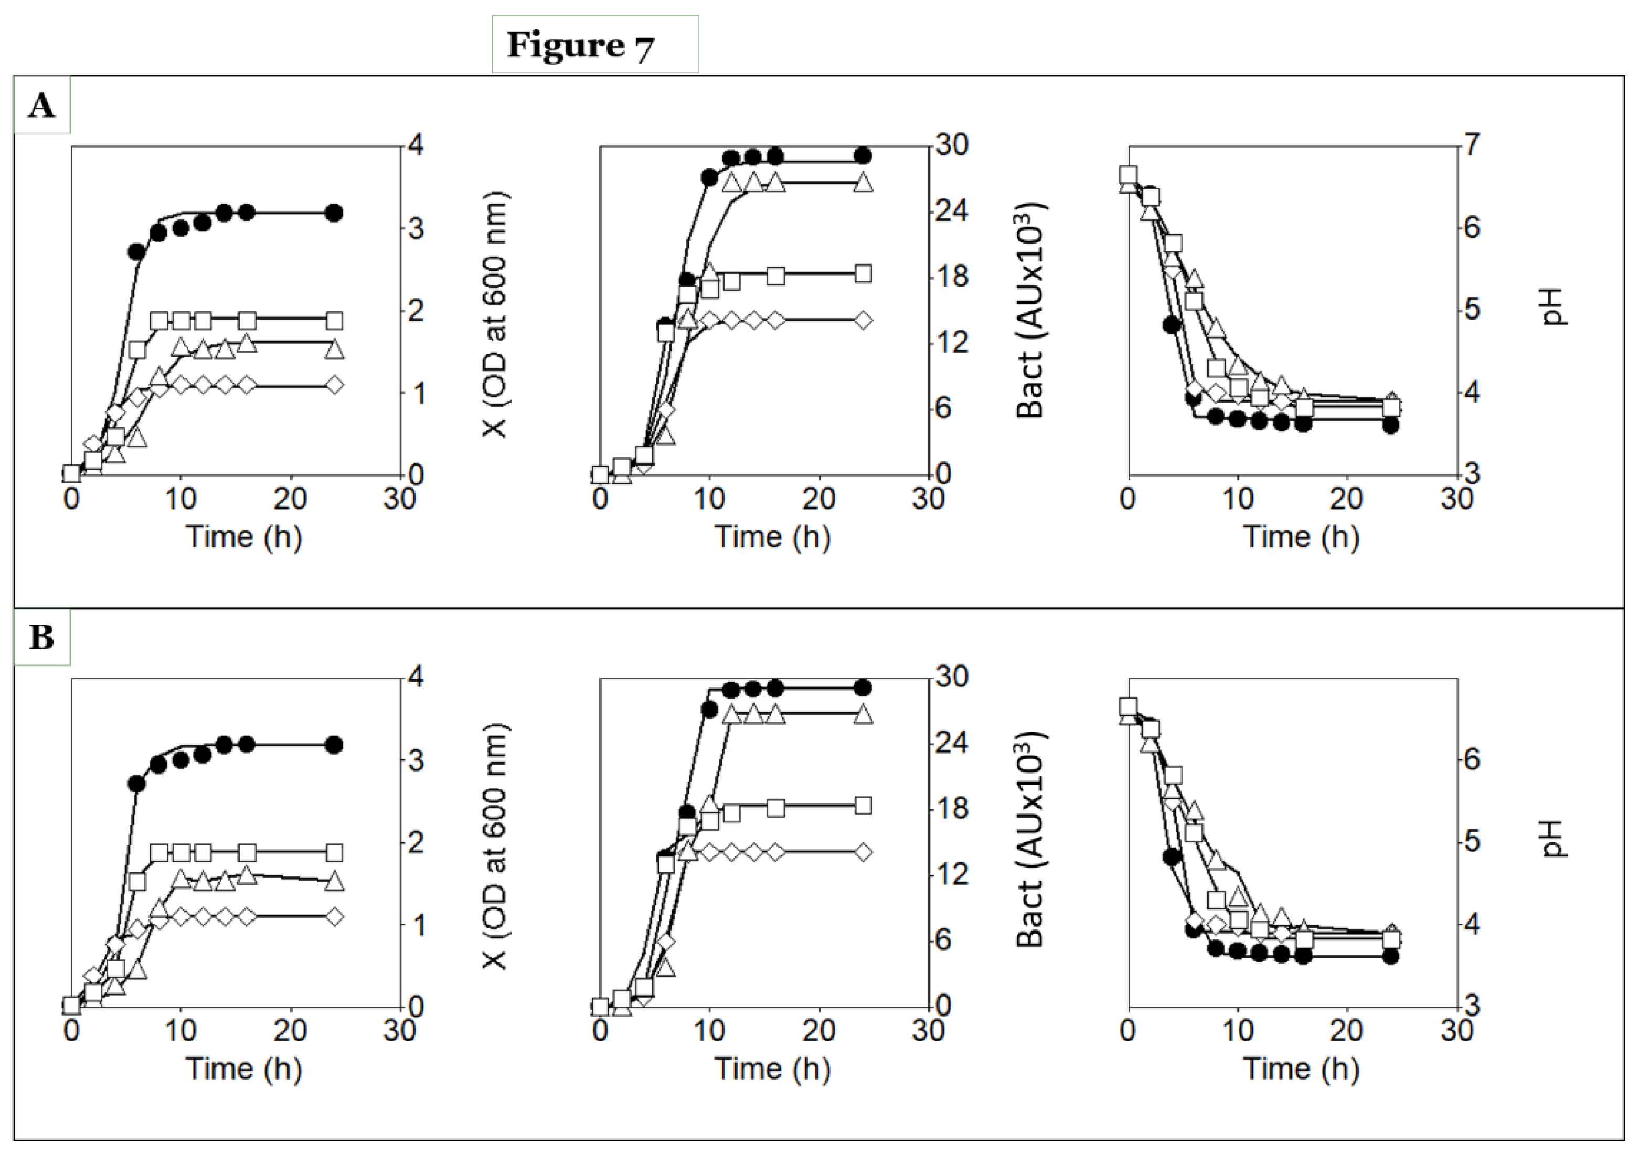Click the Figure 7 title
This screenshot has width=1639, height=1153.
(x=580, y=46)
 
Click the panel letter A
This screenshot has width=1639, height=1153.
(x=41, y=107)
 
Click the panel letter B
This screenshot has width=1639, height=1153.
(x=41, y=638)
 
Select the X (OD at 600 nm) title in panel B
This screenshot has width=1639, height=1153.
(x=495, y=846)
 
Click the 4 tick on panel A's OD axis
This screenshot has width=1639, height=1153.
(x=415, y=146)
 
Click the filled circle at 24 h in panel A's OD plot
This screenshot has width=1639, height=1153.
(x=333, y=213)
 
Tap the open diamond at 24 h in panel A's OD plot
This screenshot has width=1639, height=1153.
(x=333, y=385)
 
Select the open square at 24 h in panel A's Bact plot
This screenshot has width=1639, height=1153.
(x=863, y=274)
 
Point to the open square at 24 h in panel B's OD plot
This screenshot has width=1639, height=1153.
(x=333, y=852)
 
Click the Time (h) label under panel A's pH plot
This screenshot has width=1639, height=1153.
(x=1301, y=537)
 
